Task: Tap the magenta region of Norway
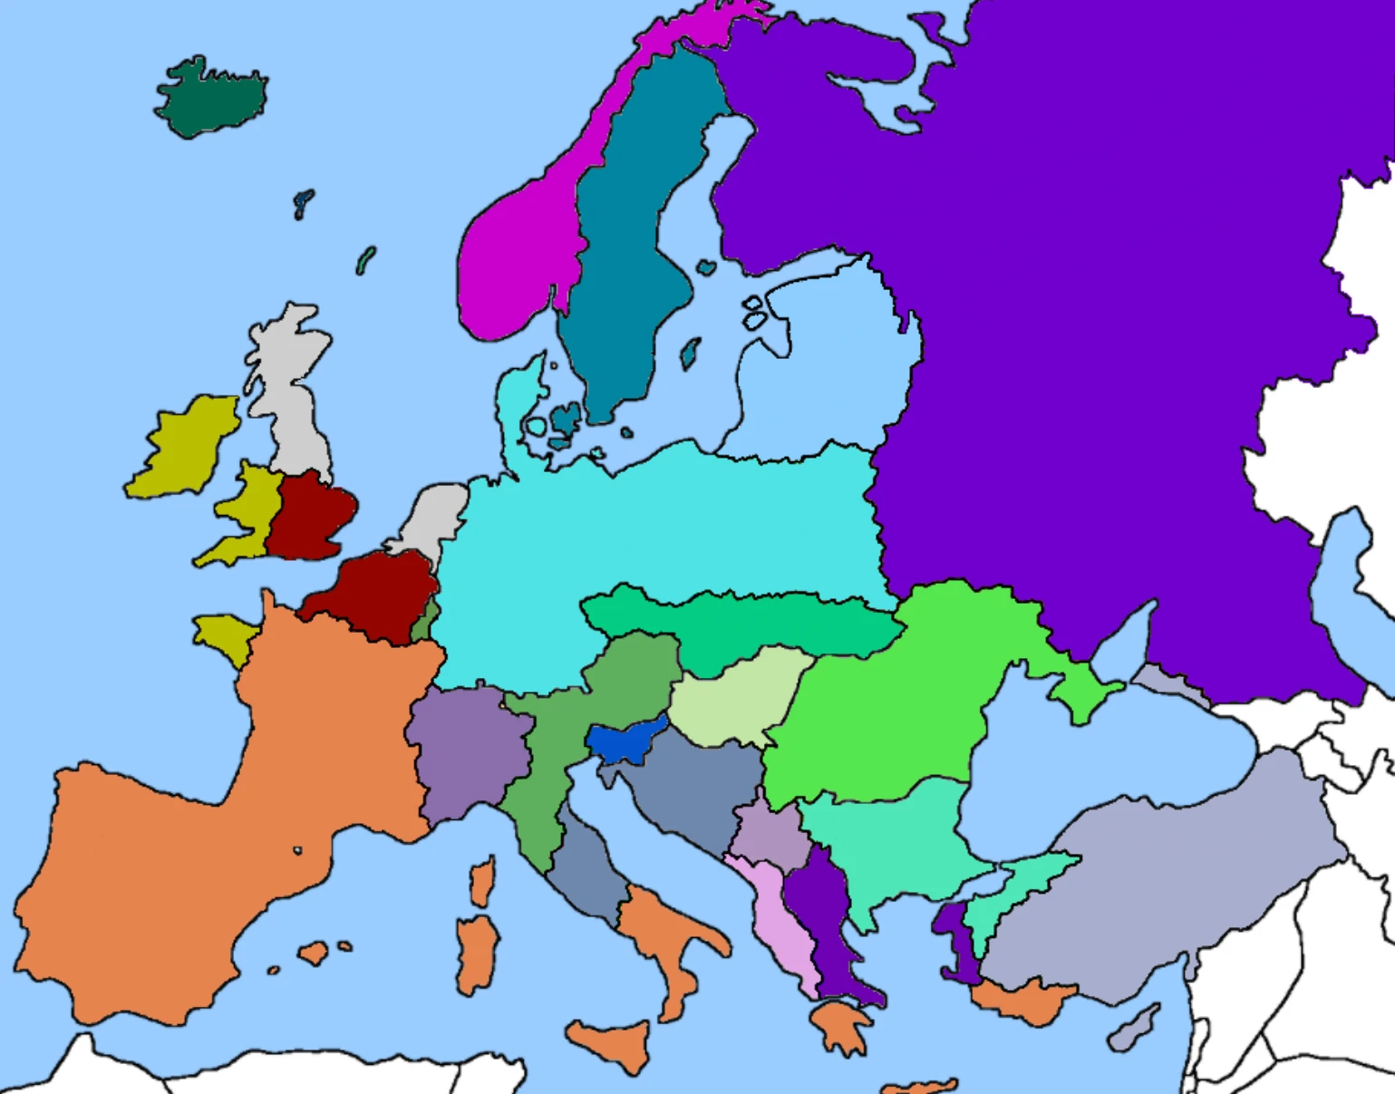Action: point(508,263)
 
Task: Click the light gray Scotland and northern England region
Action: point(288,390)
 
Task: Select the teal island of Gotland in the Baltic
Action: point(690,353)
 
